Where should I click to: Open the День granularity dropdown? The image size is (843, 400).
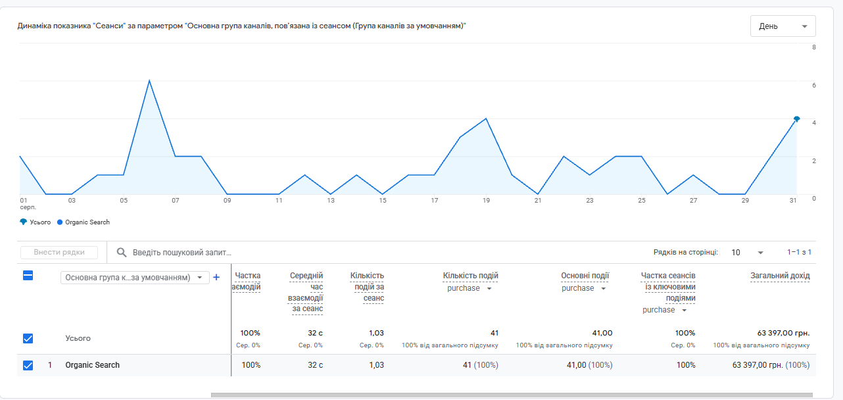click(x=783, y=26)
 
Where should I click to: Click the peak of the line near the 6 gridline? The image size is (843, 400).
click(x=149, y=81)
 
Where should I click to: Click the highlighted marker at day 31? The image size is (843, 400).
click(x=797, y=119)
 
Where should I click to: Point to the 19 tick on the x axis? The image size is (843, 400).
click(x=486, y=201)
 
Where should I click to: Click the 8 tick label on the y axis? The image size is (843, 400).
click(x=814, y=47)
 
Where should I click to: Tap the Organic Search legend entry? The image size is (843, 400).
click(x=83, y=222)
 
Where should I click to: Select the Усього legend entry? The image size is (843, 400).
click(x=35, y=222)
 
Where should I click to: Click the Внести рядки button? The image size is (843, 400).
click(x=59, y=253)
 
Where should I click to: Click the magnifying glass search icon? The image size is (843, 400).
click(x=121, y=253)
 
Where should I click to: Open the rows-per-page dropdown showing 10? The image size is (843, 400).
click(x=747, y=253)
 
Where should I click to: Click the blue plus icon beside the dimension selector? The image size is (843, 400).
click(x=216, y=278)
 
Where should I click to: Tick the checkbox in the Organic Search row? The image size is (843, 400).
click(x=28, y=365)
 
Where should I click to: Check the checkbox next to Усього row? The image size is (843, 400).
click(x=28, y=338)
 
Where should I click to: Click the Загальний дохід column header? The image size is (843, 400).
click(x=780, y=276)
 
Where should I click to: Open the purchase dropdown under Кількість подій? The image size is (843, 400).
click(x=470, y=289)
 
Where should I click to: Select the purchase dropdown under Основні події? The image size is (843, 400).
click(x=584, y=289)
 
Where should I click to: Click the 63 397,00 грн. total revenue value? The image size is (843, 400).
click(x=783, y=333)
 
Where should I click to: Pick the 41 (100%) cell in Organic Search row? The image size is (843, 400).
click(x=481, y=365)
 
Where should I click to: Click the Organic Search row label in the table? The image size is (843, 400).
click(x=92, y=365)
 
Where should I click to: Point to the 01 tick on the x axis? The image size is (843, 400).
click(x=23, y=201)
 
